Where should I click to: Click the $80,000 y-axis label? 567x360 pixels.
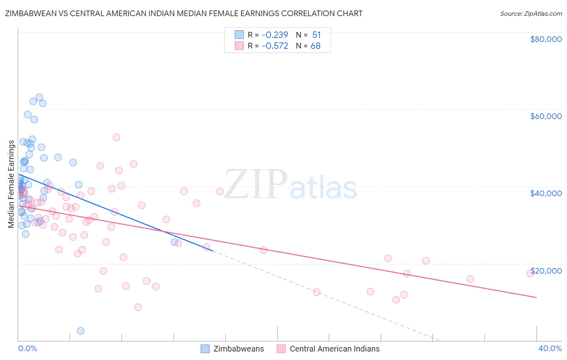pyautogui.click(x=546, y=39)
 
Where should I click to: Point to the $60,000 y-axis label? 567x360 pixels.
pyautogui.click(x=546, y=116)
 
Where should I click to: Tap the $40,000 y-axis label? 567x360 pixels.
pyautogui.click(x=546, y=193)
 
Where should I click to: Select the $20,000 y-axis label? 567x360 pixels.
pyautogui.click(x=546, y=271)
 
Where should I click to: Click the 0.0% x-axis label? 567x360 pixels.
pyautogui.click(x=27, y=348)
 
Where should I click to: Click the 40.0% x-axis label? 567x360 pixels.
pyautogui.click(x=550, y=348)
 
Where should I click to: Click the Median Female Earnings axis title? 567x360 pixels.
pyautogui.click(x=11, y=184)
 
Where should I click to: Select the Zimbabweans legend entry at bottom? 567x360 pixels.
pyautogui.click(x=232, y=349)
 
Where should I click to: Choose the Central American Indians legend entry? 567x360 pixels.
pyautogui.click(x=328, y=349)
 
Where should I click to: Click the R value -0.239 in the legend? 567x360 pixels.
pyautogui.click(x=275, y=35)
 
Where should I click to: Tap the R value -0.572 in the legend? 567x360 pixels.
pyautogui.click(x=275, y=46)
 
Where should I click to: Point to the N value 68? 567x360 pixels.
pyautogui.click(x=315, y=46)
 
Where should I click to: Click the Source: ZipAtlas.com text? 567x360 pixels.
pyautogui.click(x=531, y=14)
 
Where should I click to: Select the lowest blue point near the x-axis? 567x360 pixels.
pyautogui.click(x=81, y=331)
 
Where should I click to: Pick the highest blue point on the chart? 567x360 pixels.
pyautogui.click(x=39, y=97)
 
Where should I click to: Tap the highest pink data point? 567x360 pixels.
pyautogui.click(x=116, y=137)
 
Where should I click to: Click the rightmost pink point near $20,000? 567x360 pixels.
pyautogui.click(x=530, y=273)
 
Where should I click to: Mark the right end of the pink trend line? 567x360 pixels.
pyautogui.click(x=536, y=297)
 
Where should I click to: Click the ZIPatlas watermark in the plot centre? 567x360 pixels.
pyautogui.click(x=290, y=185)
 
